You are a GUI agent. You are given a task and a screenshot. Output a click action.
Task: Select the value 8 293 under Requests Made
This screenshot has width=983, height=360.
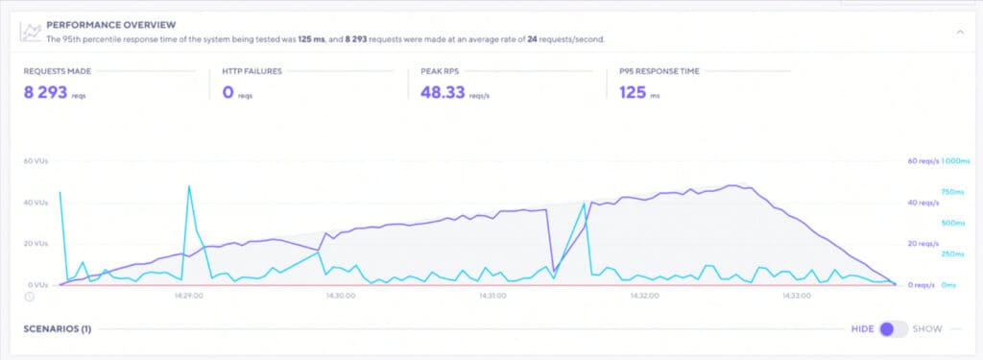coord(48,92)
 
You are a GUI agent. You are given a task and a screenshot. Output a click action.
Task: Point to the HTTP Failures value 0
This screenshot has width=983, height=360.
coord(228,92)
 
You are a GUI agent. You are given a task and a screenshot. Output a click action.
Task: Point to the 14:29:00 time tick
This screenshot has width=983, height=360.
coord(188,297)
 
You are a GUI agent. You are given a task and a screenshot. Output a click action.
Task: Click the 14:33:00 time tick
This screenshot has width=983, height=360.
coord(794,297)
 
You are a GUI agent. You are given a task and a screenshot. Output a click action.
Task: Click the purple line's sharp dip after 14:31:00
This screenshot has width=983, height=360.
coord(554,272)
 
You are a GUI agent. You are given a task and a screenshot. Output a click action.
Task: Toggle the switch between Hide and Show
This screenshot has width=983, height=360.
coord(893,329)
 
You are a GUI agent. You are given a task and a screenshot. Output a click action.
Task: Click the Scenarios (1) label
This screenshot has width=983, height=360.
coord(57,329)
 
